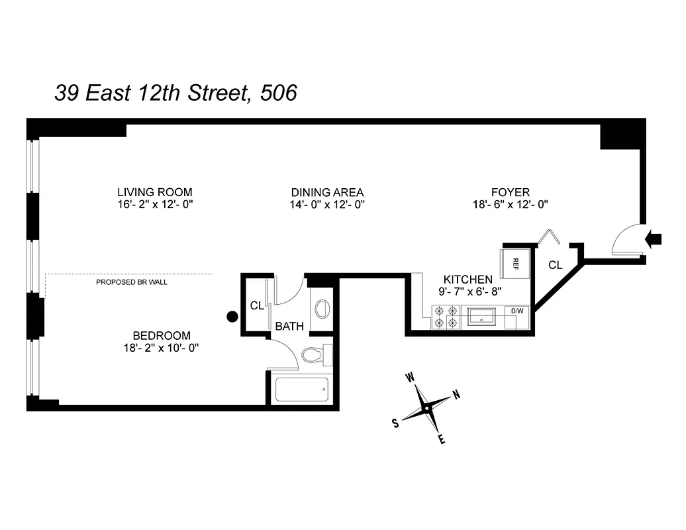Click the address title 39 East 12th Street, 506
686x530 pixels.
coord(175,93)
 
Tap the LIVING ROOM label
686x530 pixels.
coord(155,192)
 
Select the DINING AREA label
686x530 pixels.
coord(327,192)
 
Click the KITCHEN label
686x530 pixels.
coord(468,280)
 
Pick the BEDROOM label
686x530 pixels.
coord(162,336)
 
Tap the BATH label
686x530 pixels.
coord(289,326)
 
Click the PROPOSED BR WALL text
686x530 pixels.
coord(132,282)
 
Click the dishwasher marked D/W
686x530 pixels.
coord(516,310)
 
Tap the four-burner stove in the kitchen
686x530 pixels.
coord(446,317)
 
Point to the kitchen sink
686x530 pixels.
coord(483,317)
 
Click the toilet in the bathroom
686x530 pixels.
coord(316,354)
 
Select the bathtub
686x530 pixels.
coord(302,390)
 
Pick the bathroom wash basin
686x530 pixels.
coord(322,309)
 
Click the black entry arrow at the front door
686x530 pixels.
coord(653,239)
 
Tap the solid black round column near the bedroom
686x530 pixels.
coord(232,317)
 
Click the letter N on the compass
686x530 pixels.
coord(456,395)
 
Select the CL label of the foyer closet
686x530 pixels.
coord(555,265)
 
